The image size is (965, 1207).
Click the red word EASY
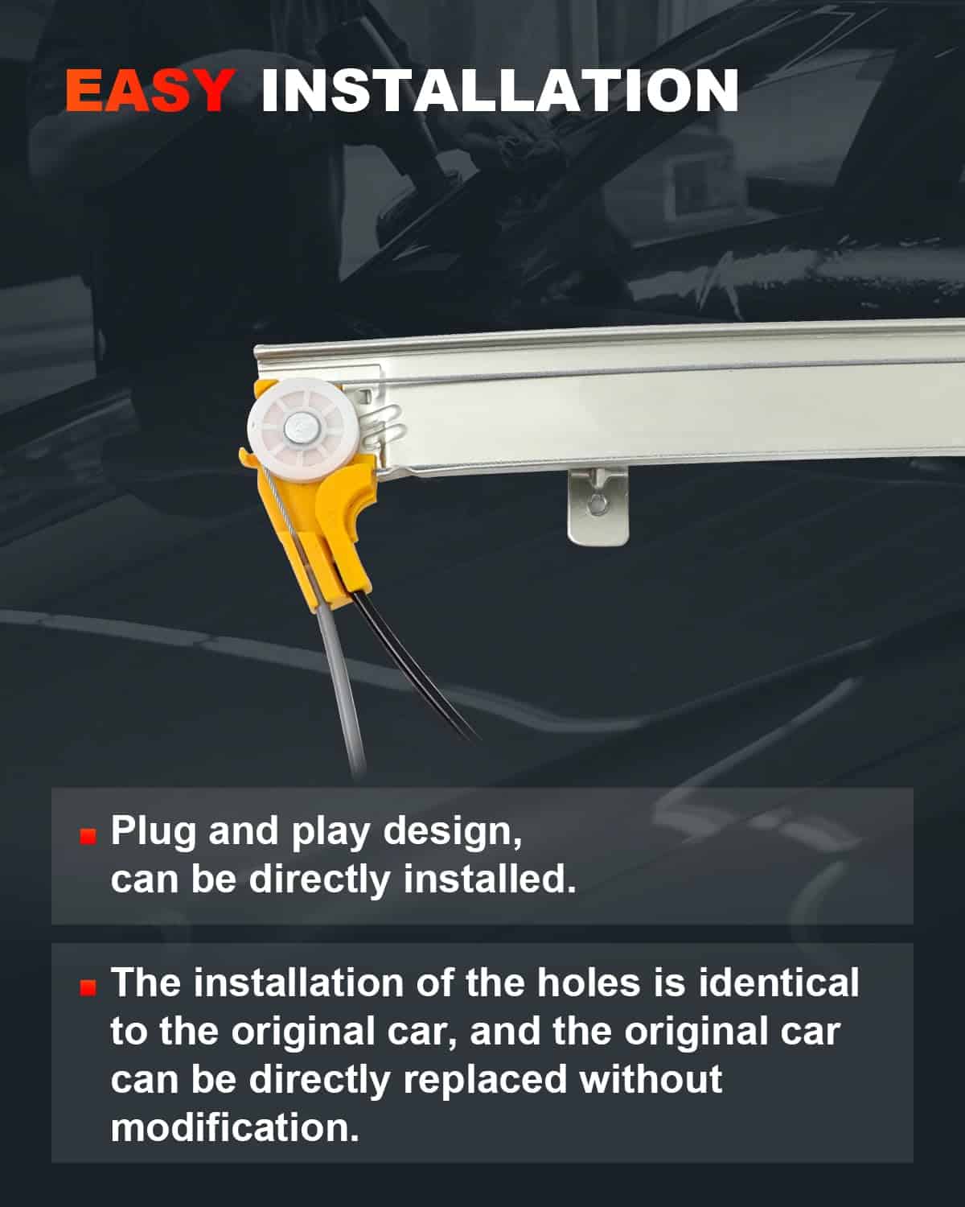[150, 90]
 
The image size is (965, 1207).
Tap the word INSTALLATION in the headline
[499, 90]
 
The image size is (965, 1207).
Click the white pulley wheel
[303, 429]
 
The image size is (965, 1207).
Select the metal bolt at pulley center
[298, 429]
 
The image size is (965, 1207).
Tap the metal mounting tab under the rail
[597, 506]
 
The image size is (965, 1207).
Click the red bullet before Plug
[88, 835]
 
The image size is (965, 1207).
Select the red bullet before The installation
[88, 987]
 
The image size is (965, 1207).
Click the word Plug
[153, 831]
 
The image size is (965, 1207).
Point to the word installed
[490, 879]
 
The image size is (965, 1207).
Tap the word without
[651, 1078]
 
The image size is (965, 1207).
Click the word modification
[234, 1127]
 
